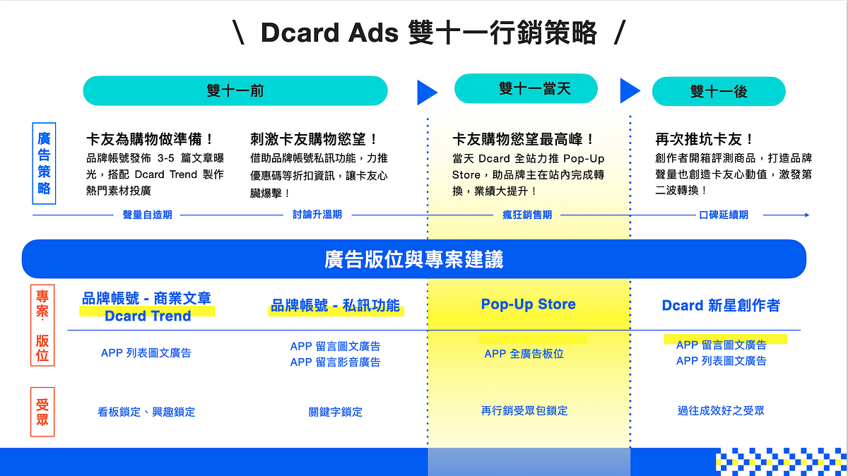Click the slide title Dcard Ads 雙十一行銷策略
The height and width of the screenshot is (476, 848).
click(x=428, y=33)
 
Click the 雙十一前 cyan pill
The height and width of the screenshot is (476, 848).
click(x=235, y=90)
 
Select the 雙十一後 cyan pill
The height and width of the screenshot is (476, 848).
click(x=719, y=91)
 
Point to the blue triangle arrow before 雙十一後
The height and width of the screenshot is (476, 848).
click(x=629, y=90)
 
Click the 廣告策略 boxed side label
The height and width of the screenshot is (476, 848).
click(x=43, y=162)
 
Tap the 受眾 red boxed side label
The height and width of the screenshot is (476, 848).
click(x=42, y=412)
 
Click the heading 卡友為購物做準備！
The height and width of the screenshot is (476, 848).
click(x=150, y=139)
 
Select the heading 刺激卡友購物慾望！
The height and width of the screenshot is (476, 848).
click(x=314, y=139)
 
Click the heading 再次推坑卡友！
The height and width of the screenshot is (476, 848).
click(x=705, y=139)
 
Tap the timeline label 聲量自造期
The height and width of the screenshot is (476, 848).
click(x=147, y=214)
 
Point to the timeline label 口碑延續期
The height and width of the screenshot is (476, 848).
click(x=723, y=214)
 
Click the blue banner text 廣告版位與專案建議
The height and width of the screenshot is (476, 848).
click(x=414, y=259)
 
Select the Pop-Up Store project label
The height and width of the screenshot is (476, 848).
click(x=528, y=304)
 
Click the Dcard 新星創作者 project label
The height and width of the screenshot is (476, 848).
click(x=721, y=305)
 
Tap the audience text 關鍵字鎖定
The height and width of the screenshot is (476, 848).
click(x=336, y=412)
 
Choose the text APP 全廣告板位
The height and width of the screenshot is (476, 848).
click(x=524, y=354)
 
